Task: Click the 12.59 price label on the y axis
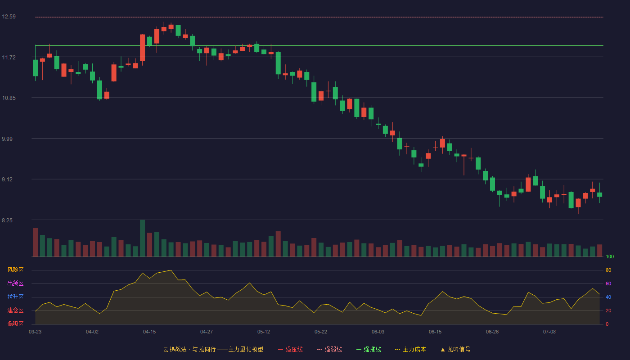click(9, 17)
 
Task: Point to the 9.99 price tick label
click(7, 139)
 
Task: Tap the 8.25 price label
click(7, 220)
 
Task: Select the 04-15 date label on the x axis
click(149, 332)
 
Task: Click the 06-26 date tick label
click(492, 332)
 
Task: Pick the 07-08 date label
click(549, 332)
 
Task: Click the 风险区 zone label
click(15, 270)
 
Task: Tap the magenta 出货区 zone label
click(15, 283)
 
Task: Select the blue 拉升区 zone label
click(15, 297)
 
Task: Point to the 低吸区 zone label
click(15, 324)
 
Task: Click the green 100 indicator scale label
click(610, 256)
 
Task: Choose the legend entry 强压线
click(290, 349)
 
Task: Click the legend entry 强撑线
click(369, 349)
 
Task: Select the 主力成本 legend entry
click(410, 349)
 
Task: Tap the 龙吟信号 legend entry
click(455, 349)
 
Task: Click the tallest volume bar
click(143, 238)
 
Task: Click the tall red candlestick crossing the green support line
click(143, 48)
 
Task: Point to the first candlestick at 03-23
click(35, 68)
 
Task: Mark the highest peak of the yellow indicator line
click(171, 270)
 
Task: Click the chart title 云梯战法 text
click(175, 349)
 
